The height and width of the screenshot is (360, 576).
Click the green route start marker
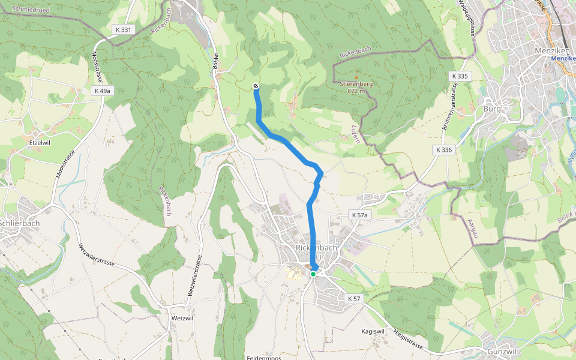[x=313, y=274]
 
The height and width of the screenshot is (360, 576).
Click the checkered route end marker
[x=256, y=86]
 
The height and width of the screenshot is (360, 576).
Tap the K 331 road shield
[x=122, y=29]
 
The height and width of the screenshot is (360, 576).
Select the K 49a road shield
[x=102, y=91]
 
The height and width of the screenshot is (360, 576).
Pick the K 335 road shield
[x=459, y=76]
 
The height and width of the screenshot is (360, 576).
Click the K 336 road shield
[x=444, y=149]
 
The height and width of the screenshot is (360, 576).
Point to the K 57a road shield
[x=360, y=215]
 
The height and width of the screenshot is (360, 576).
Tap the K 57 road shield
[x=354, y=298]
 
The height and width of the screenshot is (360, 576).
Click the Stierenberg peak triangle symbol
[x=356, y=77]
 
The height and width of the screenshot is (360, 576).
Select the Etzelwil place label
[x=40, y=143]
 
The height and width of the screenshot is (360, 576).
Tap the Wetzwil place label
[x=181, y=317]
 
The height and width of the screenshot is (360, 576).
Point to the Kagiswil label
[x=373, y=331]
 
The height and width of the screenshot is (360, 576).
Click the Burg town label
[x=491, y=109]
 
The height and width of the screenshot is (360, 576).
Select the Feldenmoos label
[x=263, y=358]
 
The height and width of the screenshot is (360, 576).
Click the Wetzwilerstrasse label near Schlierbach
[x=99, y=262]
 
